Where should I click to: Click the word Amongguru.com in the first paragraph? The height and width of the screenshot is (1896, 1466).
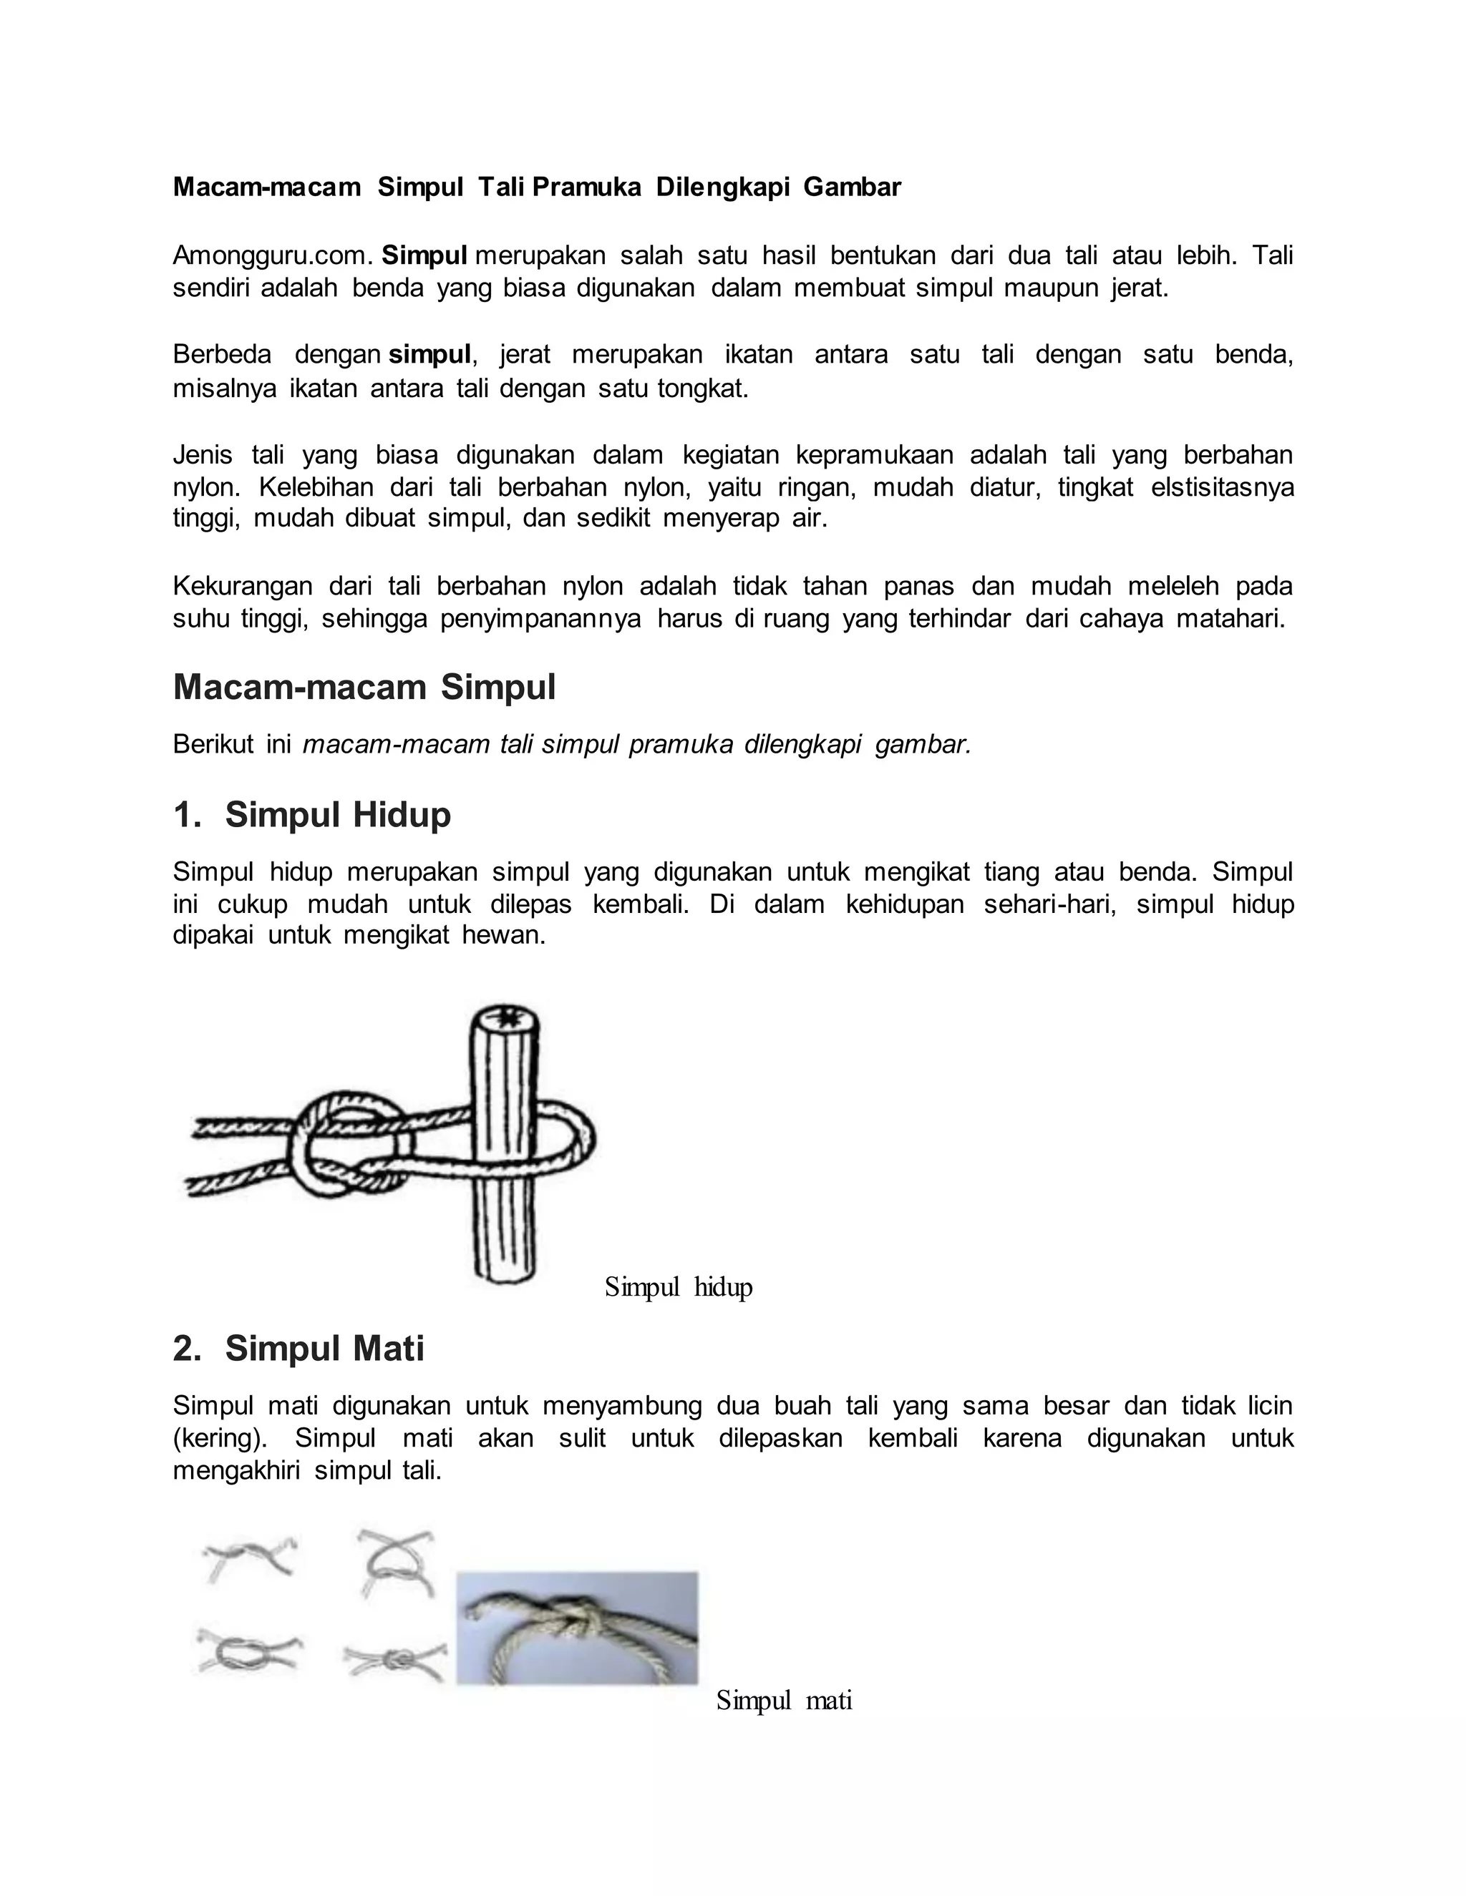pos(273,255)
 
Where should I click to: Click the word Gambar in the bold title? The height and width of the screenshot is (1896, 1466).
pos(852,187)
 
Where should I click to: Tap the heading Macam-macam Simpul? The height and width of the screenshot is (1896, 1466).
pos(364,687)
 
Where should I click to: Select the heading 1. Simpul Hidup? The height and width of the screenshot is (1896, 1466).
pos(313,814)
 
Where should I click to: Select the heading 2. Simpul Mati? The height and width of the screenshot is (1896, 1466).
pos(298,1348)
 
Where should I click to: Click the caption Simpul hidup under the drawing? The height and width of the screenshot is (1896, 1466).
pos(679,1286)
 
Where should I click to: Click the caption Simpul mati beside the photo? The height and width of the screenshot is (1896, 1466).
pos(783,1700)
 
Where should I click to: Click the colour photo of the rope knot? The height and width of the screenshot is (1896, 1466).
pos(577,1628)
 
